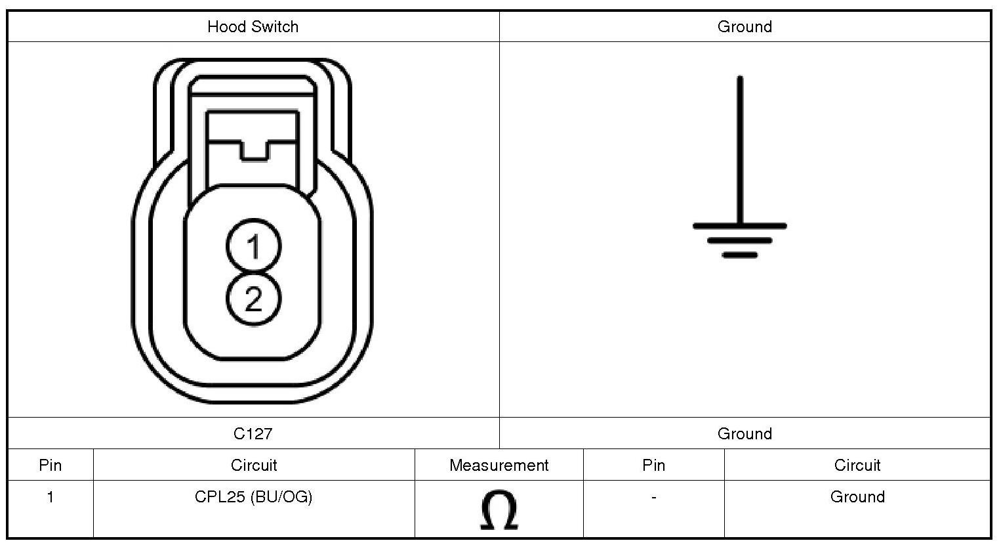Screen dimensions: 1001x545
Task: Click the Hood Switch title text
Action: (x=253, y=27)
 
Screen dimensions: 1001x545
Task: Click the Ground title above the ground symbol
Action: (x=745, y=27)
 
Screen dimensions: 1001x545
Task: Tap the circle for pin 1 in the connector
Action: (x=254, y=246)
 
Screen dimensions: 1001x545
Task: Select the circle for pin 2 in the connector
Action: (x=254, y=299)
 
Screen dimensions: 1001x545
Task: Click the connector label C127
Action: (x=253, y=433)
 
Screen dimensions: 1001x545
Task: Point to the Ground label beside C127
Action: (x=745, y=433)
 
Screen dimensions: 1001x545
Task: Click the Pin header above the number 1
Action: (x=50, y=466)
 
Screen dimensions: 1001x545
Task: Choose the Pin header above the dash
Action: (x=653, y=466)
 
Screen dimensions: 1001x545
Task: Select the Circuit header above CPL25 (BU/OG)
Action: (x=254, y=466)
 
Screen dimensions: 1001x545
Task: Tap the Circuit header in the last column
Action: (x=857, y=466)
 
